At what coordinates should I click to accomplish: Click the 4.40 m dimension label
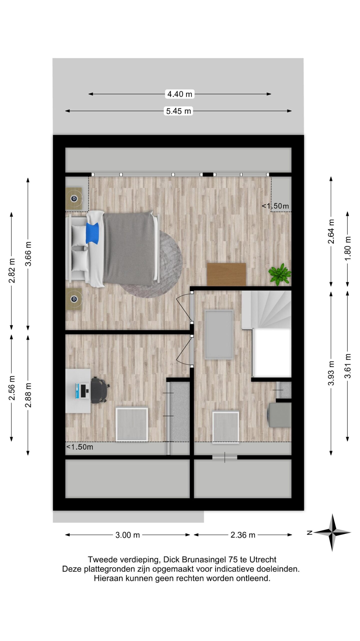click(179, 94)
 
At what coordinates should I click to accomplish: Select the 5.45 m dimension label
click(178, 111)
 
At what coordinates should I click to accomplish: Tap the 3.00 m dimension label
click(127, 535)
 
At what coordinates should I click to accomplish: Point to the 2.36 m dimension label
click(243, 535)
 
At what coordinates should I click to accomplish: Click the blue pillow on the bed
click(92, 233)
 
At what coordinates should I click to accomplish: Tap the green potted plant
click(279, 274)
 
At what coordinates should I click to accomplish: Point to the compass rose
click(332, 533)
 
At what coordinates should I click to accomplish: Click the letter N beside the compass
click(309, 533)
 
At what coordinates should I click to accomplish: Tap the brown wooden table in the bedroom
click(226, 274)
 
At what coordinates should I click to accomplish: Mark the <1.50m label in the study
click(79, 447)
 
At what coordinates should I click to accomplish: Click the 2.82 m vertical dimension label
click(12, 270)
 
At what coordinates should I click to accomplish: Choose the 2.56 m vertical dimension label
click(12, 388)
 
